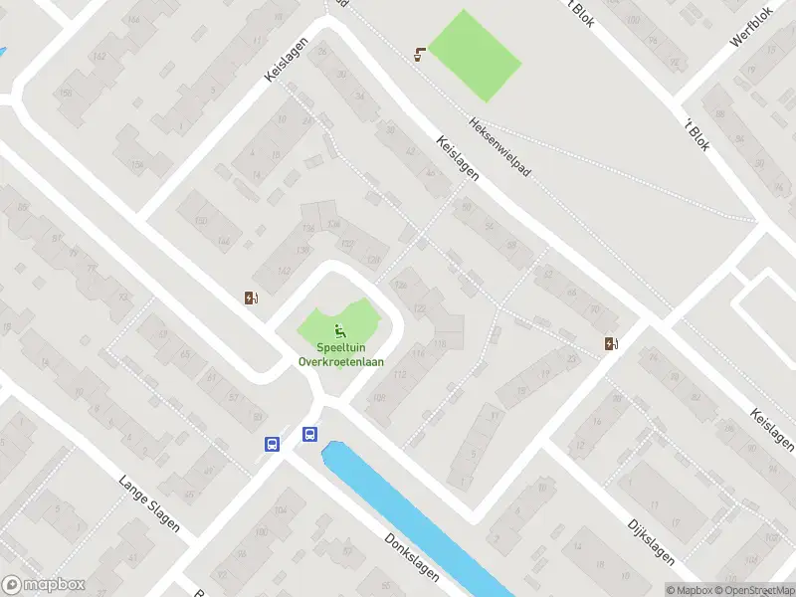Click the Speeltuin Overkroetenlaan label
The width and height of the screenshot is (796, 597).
pyautogui.click(x=341, y=355)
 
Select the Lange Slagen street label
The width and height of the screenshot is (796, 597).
pyautogui.click(x=149, y=501)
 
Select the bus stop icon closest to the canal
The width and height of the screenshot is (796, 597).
pyautogui.click(x=310, y=434)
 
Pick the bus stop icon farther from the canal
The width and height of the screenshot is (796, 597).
pyautogui.click(x=272, y=445)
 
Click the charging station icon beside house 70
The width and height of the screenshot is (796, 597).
pyautogui.click(x=611, y=344)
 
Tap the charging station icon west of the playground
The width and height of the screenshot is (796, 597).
pyautogui.click(x=252, y=297)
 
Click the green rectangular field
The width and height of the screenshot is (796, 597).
pyautogui.click(x=474, y=56)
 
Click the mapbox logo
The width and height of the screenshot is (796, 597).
pyautogui.click(x=44, y=585)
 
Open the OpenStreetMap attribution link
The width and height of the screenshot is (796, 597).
pyautogui.click(x=749, y=590)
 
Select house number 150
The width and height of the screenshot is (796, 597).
pyautogui.click(x=201, y=220)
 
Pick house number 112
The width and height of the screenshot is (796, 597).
pyautogui.click(x=401, y=374)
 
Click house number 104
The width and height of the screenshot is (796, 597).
pyautogui.click(x=280, y=509)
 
